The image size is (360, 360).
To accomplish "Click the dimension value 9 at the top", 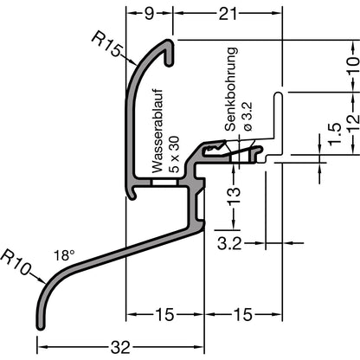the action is [x=149, y=14].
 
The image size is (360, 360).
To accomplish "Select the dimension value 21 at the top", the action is [x=228, y=14].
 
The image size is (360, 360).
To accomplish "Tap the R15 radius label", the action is [x=106, y=44].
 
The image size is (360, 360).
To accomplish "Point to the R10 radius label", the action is [x=16, y=262].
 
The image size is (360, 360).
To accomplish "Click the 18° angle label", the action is [x=64, y=255].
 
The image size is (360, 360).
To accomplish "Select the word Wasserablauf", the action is [x=157, y=131].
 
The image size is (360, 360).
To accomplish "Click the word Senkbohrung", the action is [x=231, y=89].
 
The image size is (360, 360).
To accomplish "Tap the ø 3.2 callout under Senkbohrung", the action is [x=247, y=116].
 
